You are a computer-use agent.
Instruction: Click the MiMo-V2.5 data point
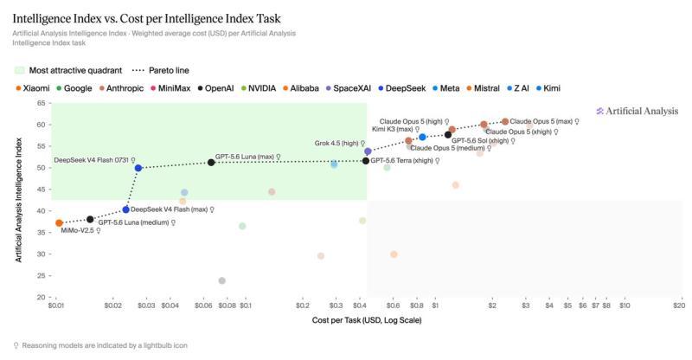[x=59, y=223]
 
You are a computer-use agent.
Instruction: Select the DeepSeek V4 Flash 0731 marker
[x=138, y=168]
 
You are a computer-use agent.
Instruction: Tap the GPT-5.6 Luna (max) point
[x=211, y=163]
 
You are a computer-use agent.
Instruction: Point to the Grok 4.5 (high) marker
[x=368, y=151]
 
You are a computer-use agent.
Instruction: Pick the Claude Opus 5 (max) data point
[x=505, y=121]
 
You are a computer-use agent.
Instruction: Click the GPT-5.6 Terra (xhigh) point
[x=365, y=161]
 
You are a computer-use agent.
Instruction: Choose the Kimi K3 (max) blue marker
[x=422, y=138]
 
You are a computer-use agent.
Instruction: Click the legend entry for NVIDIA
[x=259, y=88]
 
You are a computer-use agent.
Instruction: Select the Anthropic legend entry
[x=121, y=88]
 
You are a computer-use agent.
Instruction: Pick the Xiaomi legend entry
[x=33, y=88]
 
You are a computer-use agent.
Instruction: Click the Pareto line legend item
[x=161, y=70]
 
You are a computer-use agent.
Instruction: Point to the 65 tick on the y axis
[x=41, y=103]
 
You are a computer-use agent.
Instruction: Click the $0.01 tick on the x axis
[x=56, y=305]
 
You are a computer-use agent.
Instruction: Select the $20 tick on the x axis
[x=679, y=305]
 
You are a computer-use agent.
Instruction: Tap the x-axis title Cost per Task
[x=367, y=320]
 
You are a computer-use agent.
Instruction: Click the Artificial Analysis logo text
[x=638, y=112]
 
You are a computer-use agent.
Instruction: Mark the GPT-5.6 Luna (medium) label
[x=133, y=222]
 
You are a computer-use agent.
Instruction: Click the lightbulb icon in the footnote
[x=16, y=345]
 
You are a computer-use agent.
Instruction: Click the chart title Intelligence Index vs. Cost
[x=146, y=18]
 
